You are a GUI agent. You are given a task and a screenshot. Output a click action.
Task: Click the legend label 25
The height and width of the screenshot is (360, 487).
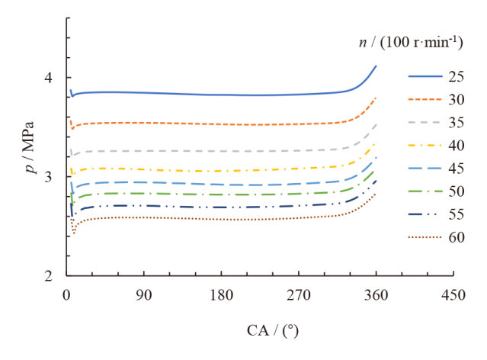(457, 77)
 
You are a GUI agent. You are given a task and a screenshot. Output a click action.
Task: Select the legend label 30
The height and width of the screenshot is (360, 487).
(457, 100)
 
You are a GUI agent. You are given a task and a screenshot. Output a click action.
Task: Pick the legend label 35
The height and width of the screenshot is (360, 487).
(457, 123)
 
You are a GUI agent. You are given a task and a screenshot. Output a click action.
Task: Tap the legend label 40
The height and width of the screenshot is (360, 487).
(457, 146)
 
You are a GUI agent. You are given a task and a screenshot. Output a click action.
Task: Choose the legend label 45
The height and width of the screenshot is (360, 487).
(457, 169)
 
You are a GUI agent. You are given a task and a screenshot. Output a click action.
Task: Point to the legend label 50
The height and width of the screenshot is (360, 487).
(457, 191)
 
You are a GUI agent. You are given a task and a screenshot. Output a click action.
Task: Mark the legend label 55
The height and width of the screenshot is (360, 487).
(457, 214)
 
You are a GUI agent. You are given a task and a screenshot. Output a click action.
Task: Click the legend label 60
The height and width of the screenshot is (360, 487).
(457, 237)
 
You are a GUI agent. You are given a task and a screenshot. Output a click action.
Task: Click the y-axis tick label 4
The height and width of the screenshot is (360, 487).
(50, 78)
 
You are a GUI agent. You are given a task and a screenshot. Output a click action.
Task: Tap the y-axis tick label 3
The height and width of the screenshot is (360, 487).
(50, 177)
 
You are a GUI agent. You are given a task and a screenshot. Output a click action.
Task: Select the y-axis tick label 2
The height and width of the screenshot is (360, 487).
(50, 276)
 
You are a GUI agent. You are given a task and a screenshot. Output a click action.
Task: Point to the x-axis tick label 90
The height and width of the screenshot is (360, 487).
(144, 295)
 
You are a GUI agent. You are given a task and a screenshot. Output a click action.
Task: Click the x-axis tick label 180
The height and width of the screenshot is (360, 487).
(221, 295)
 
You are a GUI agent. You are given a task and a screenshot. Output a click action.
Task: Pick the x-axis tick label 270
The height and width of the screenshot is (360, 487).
(299, 295)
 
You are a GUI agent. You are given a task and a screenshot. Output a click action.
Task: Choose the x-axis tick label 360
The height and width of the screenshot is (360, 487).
(376, 295)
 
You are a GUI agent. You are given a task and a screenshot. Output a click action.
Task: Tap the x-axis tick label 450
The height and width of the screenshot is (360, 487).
(453, 295)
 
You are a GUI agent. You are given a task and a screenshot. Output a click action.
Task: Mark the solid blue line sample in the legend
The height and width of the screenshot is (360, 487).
(424, 77)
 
